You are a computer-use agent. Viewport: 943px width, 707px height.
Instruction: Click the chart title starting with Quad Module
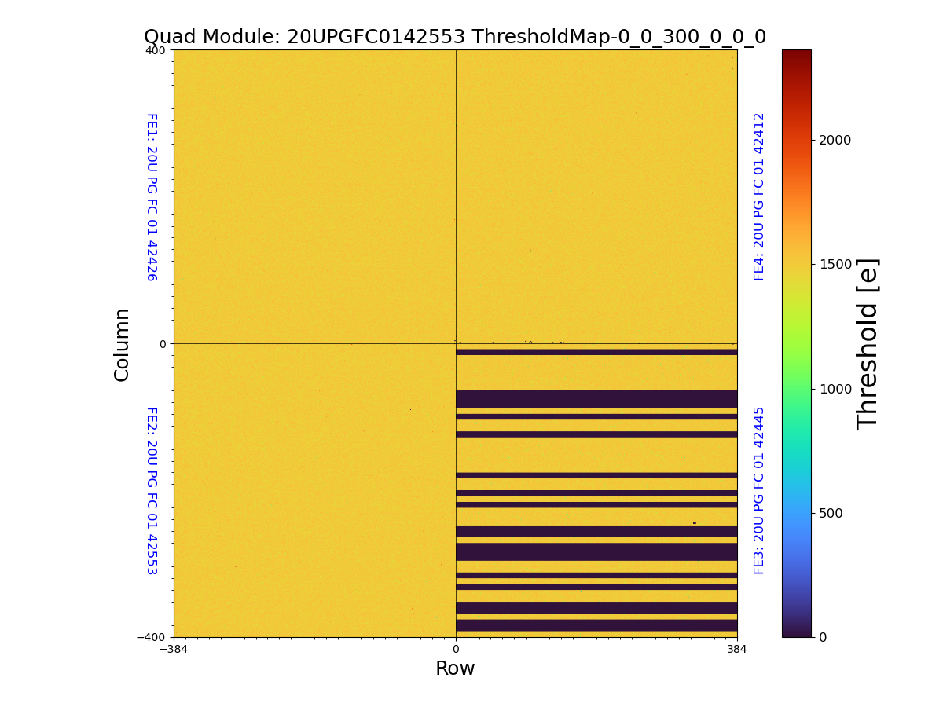click(x=454, y=37)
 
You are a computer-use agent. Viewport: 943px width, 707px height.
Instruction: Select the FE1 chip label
click(x=151, y=196)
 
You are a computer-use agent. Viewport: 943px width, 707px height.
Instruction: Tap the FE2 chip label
click(x=151, y=490)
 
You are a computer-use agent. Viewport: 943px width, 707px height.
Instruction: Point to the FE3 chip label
click(x=759, y=490)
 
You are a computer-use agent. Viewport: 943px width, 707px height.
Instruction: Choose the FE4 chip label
click(x=759, y=196)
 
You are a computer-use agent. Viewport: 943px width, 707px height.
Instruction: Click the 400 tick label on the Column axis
click(x=156, y=50)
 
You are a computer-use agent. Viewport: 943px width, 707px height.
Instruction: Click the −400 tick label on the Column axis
click(x=152, y=637)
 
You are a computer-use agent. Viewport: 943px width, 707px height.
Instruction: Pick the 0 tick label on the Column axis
click(x=163, y=344)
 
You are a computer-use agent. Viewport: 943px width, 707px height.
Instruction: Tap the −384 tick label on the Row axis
click(x=174, y=650)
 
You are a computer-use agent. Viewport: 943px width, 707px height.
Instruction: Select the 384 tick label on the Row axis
click(x=737, y=650)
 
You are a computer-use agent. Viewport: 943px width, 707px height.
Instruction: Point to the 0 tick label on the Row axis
click(x=456, y=650)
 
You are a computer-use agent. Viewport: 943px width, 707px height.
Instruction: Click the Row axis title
click(x=455, y=669)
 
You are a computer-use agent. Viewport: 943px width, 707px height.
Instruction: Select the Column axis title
click(x=122, y=344)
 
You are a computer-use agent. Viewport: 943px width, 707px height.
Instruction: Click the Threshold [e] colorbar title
click(x=868, y=344)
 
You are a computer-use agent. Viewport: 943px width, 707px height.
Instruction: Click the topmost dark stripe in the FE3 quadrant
click(x=596, y=352)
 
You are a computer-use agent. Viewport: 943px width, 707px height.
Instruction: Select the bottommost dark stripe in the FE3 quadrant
click(x=596, y=625)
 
